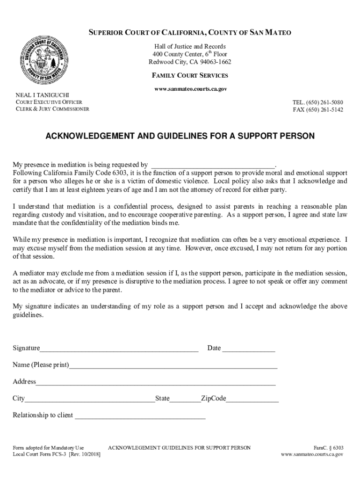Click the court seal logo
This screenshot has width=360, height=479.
pyautogui.click(x=43, y=61)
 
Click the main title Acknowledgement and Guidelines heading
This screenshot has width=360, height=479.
pyautogui.click(x=180, y=136)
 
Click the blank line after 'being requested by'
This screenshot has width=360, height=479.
pyautogui.click(x=213, y=165)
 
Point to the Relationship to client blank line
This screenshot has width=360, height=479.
pyautogui.click(x=140, y=416)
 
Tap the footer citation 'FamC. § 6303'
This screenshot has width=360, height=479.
pyautogui.click(x=329, y=448)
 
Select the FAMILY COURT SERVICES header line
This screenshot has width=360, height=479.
pyautogui.click(x=190, y=75)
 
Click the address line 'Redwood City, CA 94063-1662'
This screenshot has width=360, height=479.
pyautogui.click(x=190, y=62)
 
